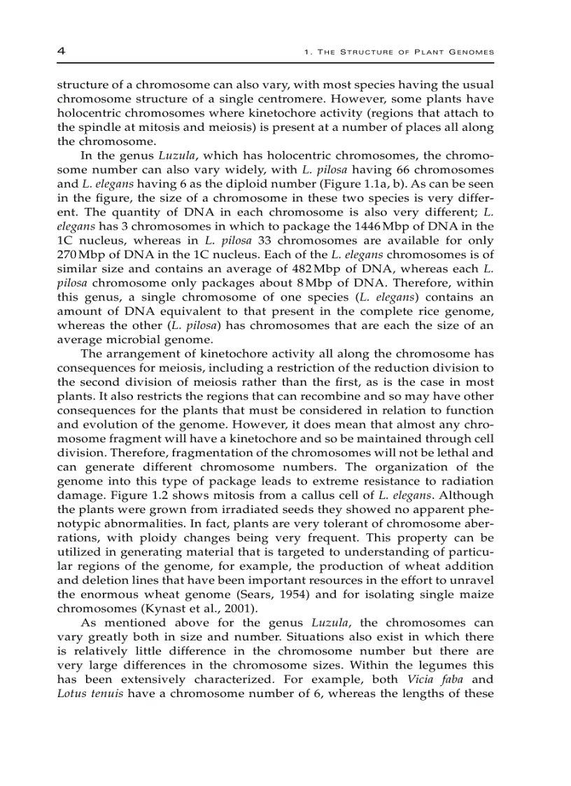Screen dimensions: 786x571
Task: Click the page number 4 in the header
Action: pyautogui.click(x=61, y=51)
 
